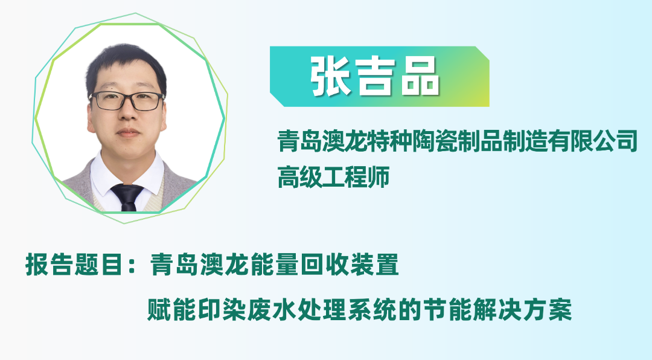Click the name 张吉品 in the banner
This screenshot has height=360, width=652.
click(x=375, y=77)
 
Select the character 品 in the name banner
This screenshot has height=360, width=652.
click(x=419, y=77)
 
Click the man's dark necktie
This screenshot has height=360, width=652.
click(x=127, y=196)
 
